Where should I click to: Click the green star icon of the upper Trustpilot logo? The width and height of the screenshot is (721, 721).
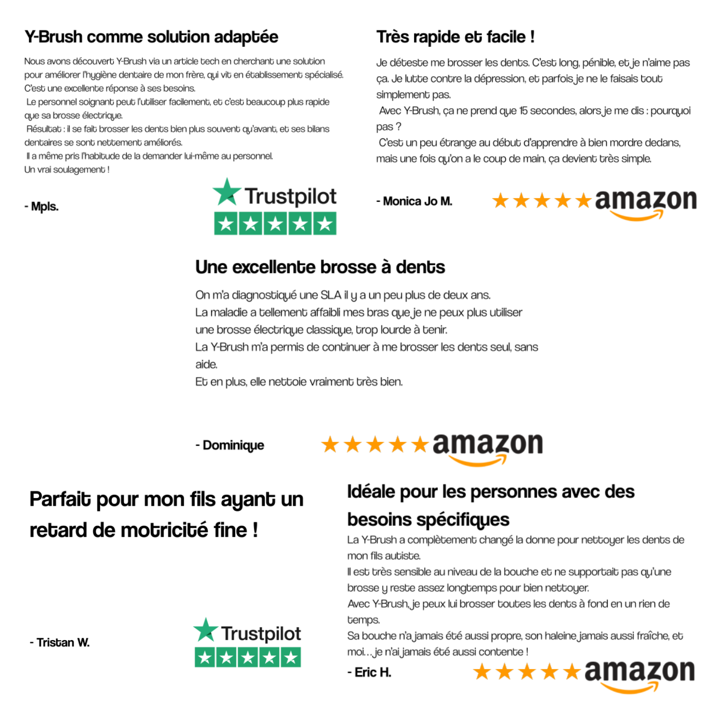[227, 192]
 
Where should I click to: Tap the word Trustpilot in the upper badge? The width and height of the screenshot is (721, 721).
[291, 197]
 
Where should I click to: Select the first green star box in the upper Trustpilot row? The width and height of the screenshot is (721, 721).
[226, 224]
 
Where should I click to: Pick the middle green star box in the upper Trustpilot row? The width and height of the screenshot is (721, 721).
[275, 224]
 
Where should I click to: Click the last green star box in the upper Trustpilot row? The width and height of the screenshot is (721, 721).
[325, 224]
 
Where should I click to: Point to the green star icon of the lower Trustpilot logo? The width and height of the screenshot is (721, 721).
[206, 630]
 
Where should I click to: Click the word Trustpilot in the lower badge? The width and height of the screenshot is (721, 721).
[262, 634]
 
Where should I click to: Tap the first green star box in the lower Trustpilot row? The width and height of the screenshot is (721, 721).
[204, 657]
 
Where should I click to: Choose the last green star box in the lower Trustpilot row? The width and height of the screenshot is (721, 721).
[291, 657]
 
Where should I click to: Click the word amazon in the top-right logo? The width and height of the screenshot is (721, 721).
[646, 200]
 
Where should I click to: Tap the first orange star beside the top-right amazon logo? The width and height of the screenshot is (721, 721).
[501, 200]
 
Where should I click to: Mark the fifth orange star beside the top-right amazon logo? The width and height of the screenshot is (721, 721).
[583, 200]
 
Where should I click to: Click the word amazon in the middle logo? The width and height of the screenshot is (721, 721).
[487, 444]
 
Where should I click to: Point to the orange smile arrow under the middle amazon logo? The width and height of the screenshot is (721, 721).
[478, 461]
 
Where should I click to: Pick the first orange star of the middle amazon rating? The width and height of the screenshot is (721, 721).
[330, 444]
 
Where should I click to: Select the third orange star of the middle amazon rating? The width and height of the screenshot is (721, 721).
[375, 444]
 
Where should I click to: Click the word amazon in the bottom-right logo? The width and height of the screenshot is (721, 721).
[639, 671]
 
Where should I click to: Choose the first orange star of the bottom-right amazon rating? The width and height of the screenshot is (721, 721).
[482, 672]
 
